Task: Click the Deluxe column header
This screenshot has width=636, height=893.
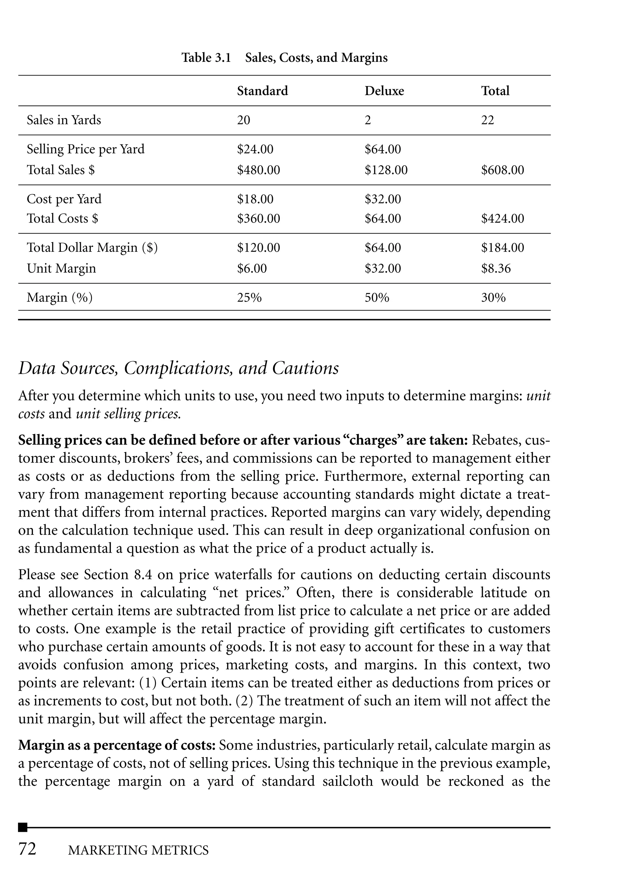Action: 384,91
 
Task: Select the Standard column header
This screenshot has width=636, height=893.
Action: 262,91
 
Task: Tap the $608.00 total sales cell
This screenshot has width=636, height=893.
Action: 502,170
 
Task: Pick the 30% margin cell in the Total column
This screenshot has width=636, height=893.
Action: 493,298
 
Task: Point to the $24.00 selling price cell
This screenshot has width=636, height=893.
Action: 255,149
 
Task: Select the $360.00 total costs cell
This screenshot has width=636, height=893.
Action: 258,219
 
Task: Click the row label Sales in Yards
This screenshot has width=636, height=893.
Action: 64,120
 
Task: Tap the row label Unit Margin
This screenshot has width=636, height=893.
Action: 61,269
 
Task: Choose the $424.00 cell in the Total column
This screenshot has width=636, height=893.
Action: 502,219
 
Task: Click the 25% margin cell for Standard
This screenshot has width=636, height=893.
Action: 249,298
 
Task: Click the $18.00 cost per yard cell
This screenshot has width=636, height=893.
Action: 255,199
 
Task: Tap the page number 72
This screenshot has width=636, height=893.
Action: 27,849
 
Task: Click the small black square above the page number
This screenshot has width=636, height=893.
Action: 23,827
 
